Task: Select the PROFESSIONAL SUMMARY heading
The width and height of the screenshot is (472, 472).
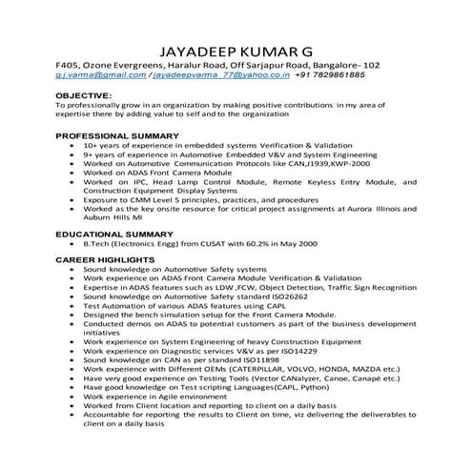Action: pyautogui.click(x=117, y=136)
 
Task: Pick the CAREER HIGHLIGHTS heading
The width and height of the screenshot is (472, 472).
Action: pyautogui.click(x=105, y=259)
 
